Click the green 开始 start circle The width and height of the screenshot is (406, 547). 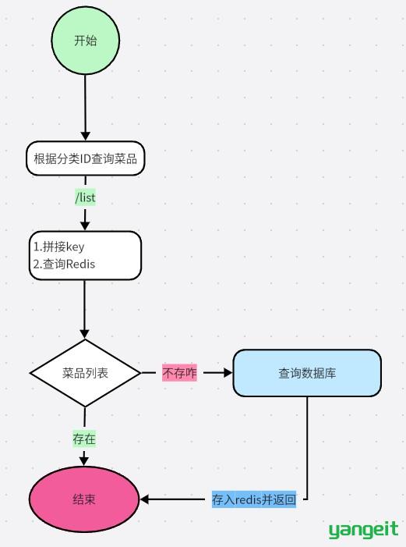86,40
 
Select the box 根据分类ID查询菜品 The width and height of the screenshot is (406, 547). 86,158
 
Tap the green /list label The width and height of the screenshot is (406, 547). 86,197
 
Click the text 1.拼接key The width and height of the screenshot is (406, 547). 59,247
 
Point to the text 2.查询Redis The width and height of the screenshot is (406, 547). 64,264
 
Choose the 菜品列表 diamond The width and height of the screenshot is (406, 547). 86,373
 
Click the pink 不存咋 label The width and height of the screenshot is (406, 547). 179,373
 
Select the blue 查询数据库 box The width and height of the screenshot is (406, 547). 307,373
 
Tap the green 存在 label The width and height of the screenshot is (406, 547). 84,439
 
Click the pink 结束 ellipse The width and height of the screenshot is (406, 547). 84,499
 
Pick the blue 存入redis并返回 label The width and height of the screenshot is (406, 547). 254,499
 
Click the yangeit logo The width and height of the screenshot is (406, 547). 363,530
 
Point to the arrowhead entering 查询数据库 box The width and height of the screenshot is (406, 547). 228,373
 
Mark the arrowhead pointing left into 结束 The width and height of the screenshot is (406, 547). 144,499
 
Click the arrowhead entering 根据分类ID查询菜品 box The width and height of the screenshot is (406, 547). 86,137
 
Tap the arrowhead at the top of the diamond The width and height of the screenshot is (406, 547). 85,334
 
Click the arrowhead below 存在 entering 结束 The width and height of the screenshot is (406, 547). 84,461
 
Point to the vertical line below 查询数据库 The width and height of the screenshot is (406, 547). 307,448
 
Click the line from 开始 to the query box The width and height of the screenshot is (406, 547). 86,108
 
